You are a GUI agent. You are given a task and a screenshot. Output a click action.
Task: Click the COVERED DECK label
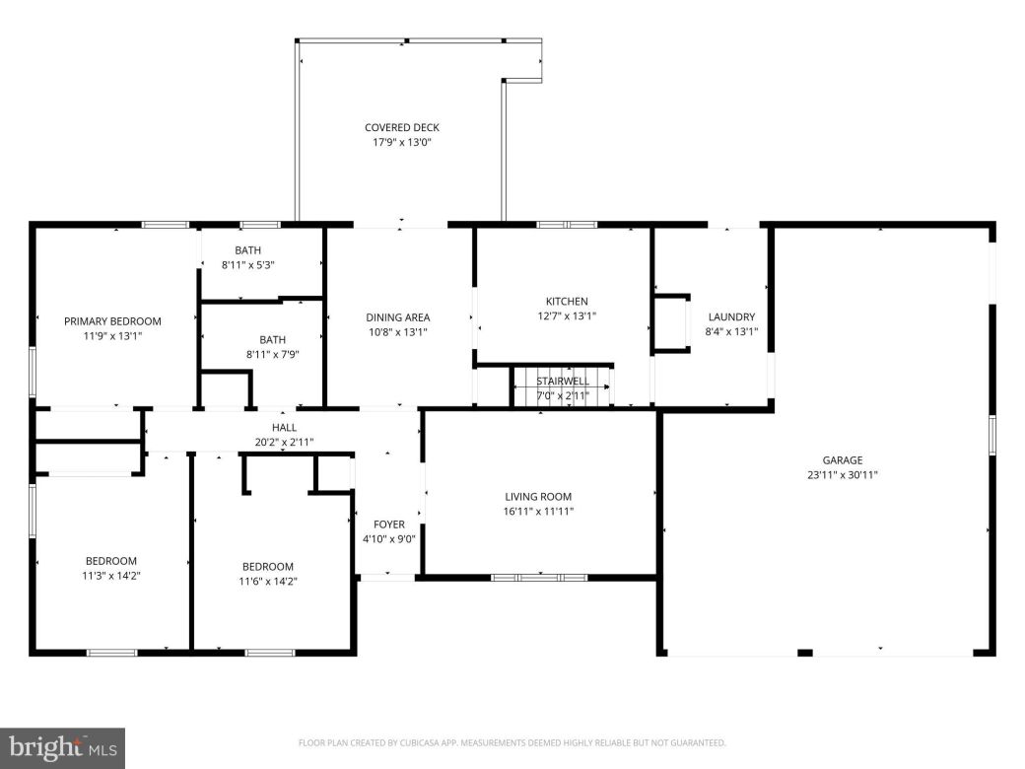pyautogui.click(x=401, y=127)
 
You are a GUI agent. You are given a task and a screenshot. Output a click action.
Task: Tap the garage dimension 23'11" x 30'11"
pyautogui.click(x=843, y=474)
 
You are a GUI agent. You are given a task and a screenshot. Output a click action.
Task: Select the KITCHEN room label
pyautogui.click(x=567, y=302)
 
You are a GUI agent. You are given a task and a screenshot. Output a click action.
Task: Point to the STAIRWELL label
pyautogui.click(x=563, y=381)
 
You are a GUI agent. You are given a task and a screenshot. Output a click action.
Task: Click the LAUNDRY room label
pyautogui.click(x=730, y=316)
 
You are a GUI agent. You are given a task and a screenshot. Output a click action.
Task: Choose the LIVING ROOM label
pyautogui.click(x=538, y=497)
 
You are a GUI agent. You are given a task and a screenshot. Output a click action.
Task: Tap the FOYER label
pyautogui.click(x=388, y=524)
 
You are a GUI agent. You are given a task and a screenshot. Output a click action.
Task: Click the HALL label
pyautogui.click(x=284, y=427)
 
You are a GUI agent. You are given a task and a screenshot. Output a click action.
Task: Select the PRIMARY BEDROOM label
pyautogui.click(x=112, y=320)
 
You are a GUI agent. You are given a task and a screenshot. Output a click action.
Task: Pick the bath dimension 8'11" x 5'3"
pyautogui.click(x=247, y=265)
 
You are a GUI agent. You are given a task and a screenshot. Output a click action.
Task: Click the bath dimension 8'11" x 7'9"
pyautogui.click(x=272, y=354)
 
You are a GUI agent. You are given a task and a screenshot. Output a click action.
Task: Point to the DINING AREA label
pyautogui.click(x=397, y=317)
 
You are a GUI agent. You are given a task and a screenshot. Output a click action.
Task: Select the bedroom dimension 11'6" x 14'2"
pyautogui.click(x=268, y=582)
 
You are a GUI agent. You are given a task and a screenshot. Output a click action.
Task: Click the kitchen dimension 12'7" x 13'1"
pyautogui.click(x=567, y=316)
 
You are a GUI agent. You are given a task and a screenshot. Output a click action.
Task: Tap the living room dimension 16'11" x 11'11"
pyautogui.click(x=538, y=512)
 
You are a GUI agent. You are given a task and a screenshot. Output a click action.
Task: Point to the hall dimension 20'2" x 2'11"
pyautogui.click(x=284, y=442)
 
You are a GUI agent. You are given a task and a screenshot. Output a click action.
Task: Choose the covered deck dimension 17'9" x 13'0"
pyautogui.click(x=401, y=142)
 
